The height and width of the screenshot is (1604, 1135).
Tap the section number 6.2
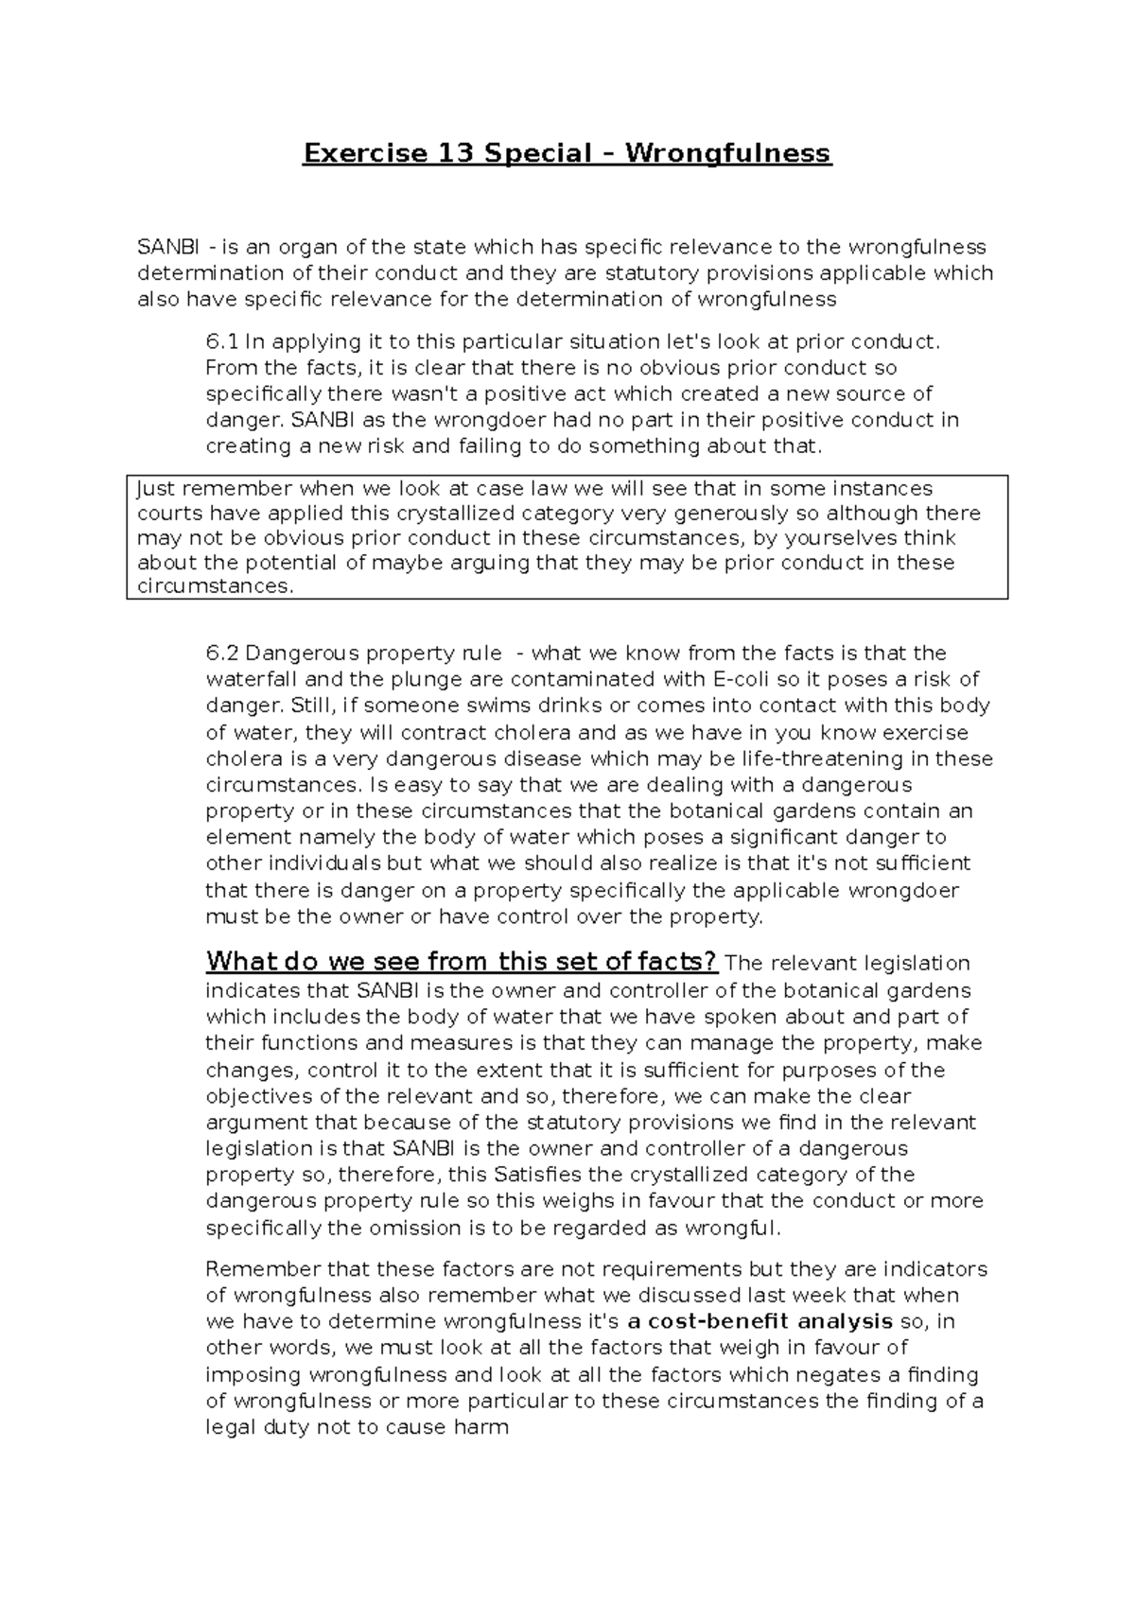click(x=223, y=654)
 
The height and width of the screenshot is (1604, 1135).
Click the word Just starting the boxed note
click(x=156, y=489)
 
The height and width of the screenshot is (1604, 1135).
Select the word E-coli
click(x=738, y=679)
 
